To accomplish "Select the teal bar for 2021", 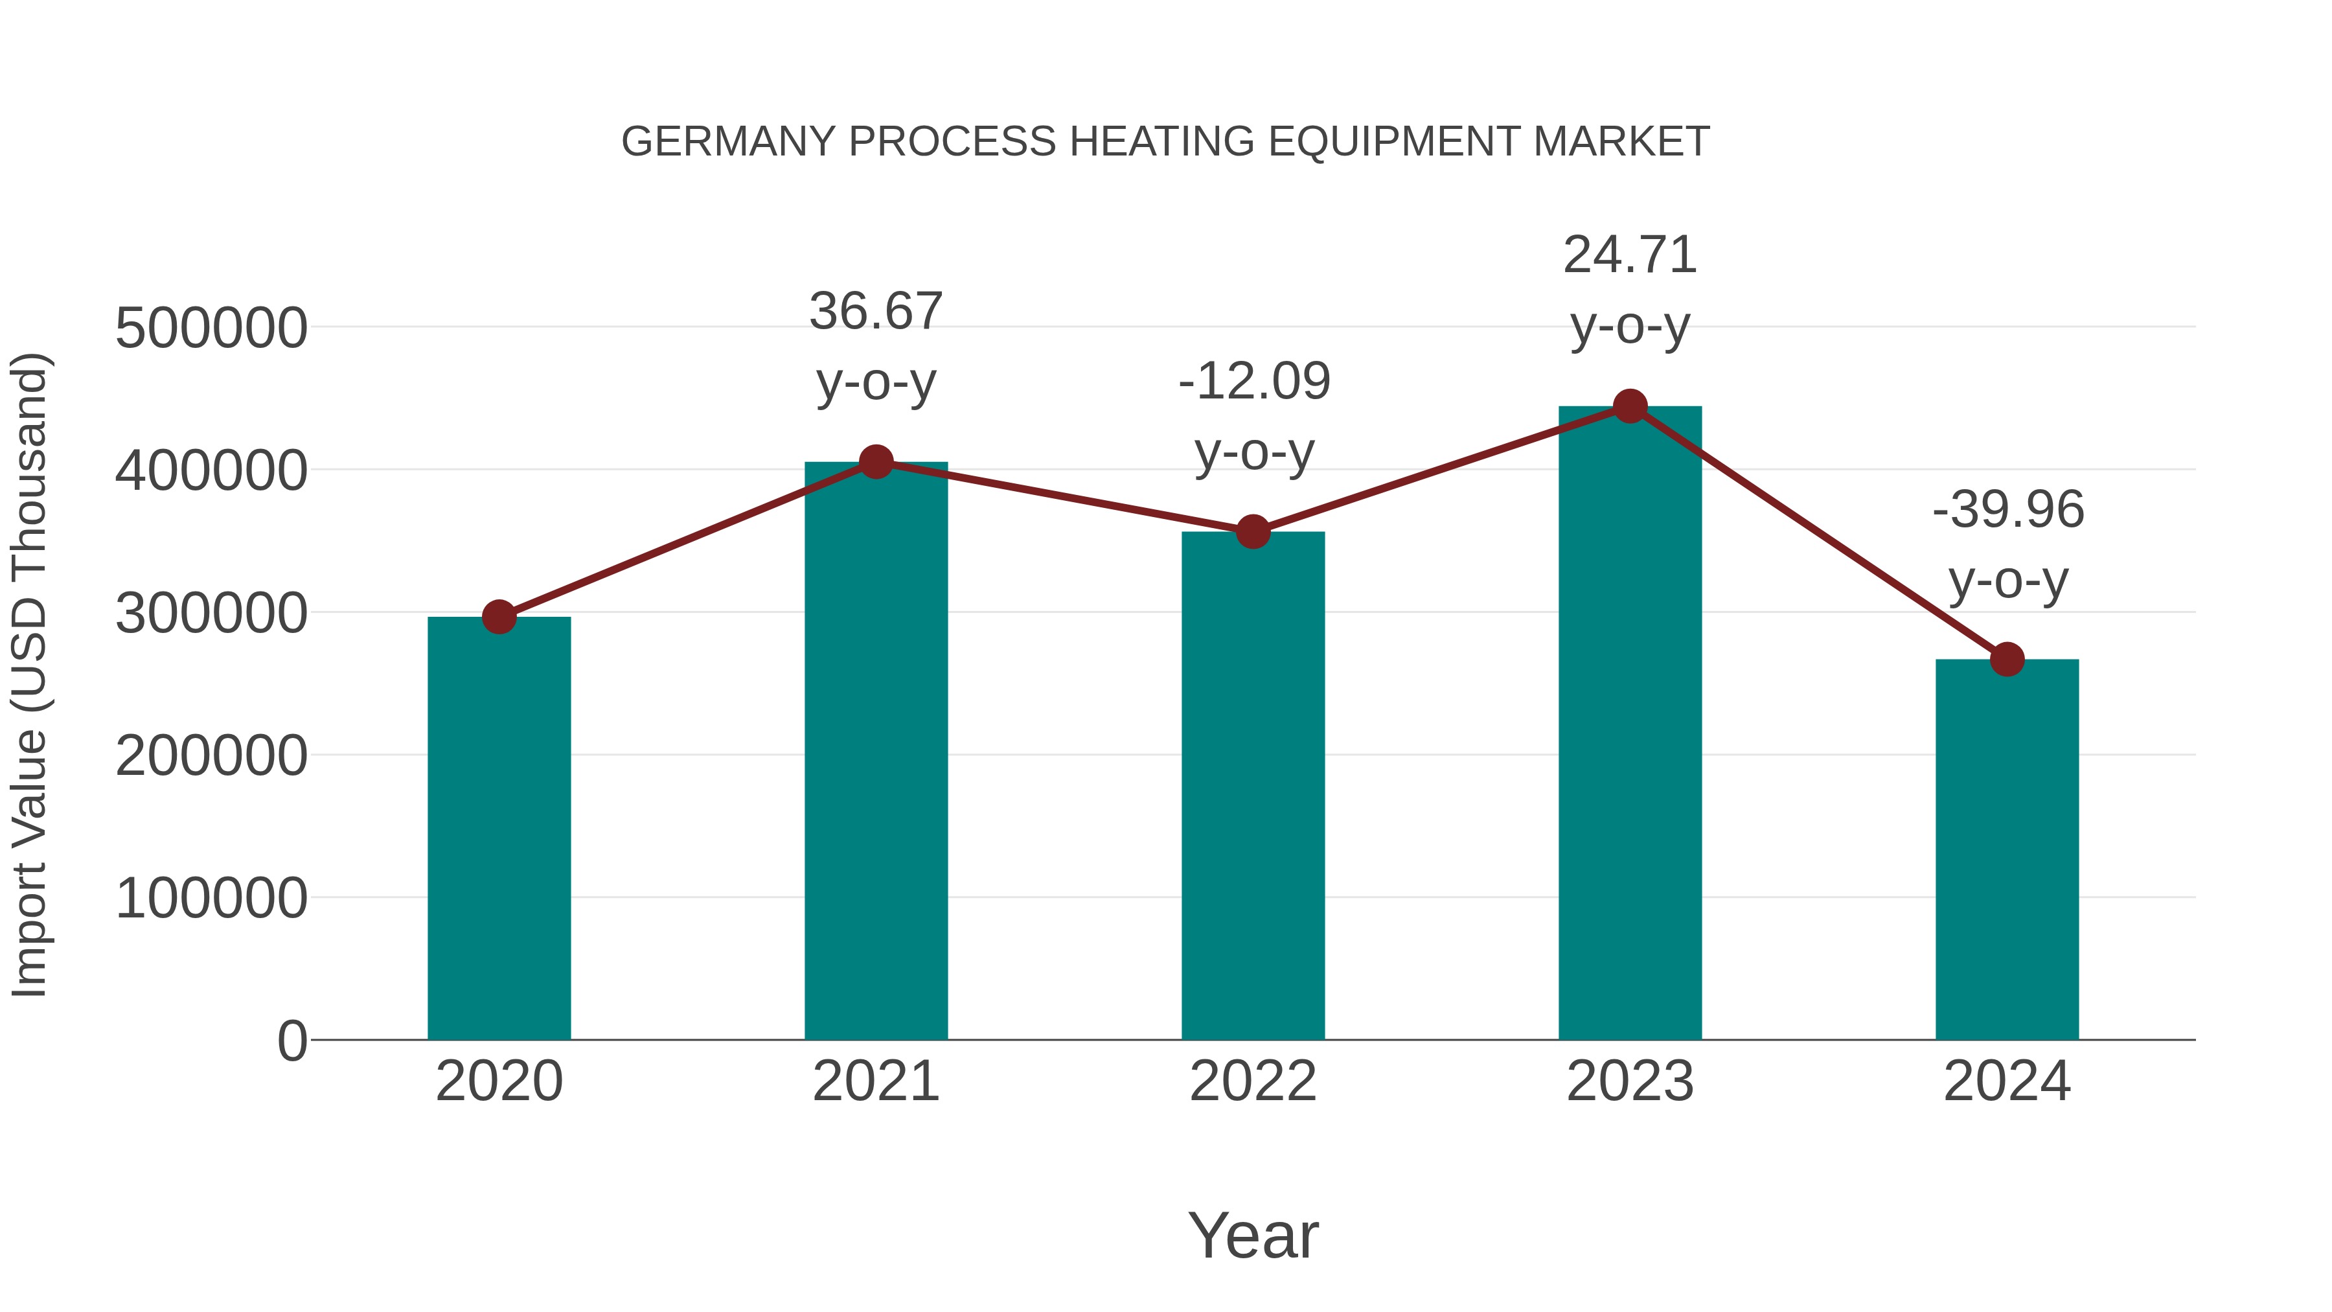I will pyautogui.click(x=875, y=751).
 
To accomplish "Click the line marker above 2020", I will pyautogui.click(x=499, y=617).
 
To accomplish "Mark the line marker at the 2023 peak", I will pyautogui.click(x=1630, y=406).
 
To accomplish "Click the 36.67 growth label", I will pyautogui.click(x=875, y=312).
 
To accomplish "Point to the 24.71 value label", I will pyautogui.click(x=1630, y=255).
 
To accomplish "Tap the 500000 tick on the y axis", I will pyautogui.click(x=211, y=328).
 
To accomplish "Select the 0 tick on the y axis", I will pyautogui.click(x=291, y=1041).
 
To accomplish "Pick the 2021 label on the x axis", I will pyautogui.click(x=875, y=1081).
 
